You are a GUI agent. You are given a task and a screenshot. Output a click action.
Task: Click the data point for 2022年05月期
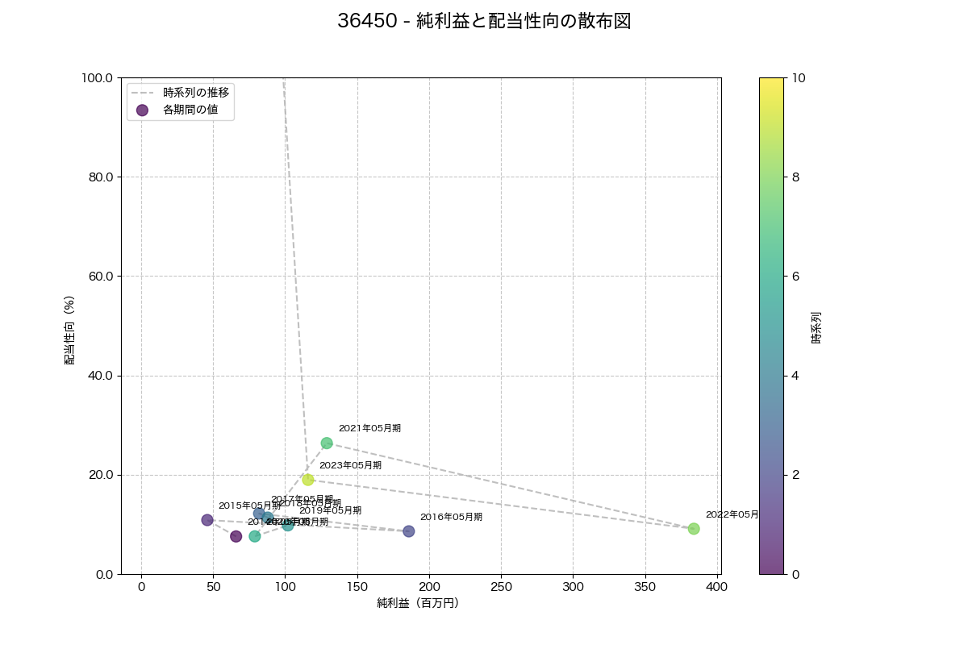[x=694, y=529]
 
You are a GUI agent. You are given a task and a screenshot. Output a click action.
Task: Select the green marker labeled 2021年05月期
[x=327, y=443]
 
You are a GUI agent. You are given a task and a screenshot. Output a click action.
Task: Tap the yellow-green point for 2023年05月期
[x=308, y=480]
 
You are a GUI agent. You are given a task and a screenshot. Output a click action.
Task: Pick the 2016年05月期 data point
[x=409, y=531]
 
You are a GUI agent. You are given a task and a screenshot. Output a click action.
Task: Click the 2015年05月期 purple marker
[x=207, y=520]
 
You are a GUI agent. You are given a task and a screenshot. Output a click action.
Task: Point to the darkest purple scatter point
[x=236, y=536]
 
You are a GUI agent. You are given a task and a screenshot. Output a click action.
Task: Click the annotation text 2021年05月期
[x=369, y=428]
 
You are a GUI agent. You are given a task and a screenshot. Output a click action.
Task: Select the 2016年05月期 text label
[x=451, y=517]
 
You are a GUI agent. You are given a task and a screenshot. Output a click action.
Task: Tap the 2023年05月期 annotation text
[x=350, y=465]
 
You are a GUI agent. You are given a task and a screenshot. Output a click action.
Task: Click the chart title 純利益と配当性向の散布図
[x=484, y=22]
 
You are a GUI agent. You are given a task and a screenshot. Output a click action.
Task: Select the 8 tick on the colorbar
[x=796, y=177]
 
